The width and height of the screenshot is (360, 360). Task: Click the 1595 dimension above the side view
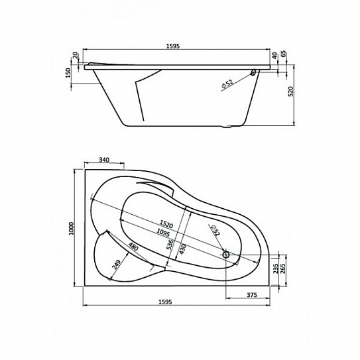(x=173, y=46)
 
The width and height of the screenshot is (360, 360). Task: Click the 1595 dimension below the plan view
(x=165, y=302)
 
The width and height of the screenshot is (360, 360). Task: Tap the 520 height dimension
(x=290, y=91)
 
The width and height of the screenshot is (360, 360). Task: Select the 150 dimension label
(x=68, y=73)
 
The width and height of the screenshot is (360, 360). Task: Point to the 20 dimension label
(x=76, y=55)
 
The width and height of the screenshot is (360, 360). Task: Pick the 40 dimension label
(x=274, y=56)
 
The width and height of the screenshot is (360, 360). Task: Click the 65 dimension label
(x=283, y=54)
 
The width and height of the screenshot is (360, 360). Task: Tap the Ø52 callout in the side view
(x=227, y=84)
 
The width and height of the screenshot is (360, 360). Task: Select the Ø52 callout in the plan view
(x=216, y=230)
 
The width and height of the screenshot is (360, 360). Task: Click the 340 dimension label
(x=104, y=160)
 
